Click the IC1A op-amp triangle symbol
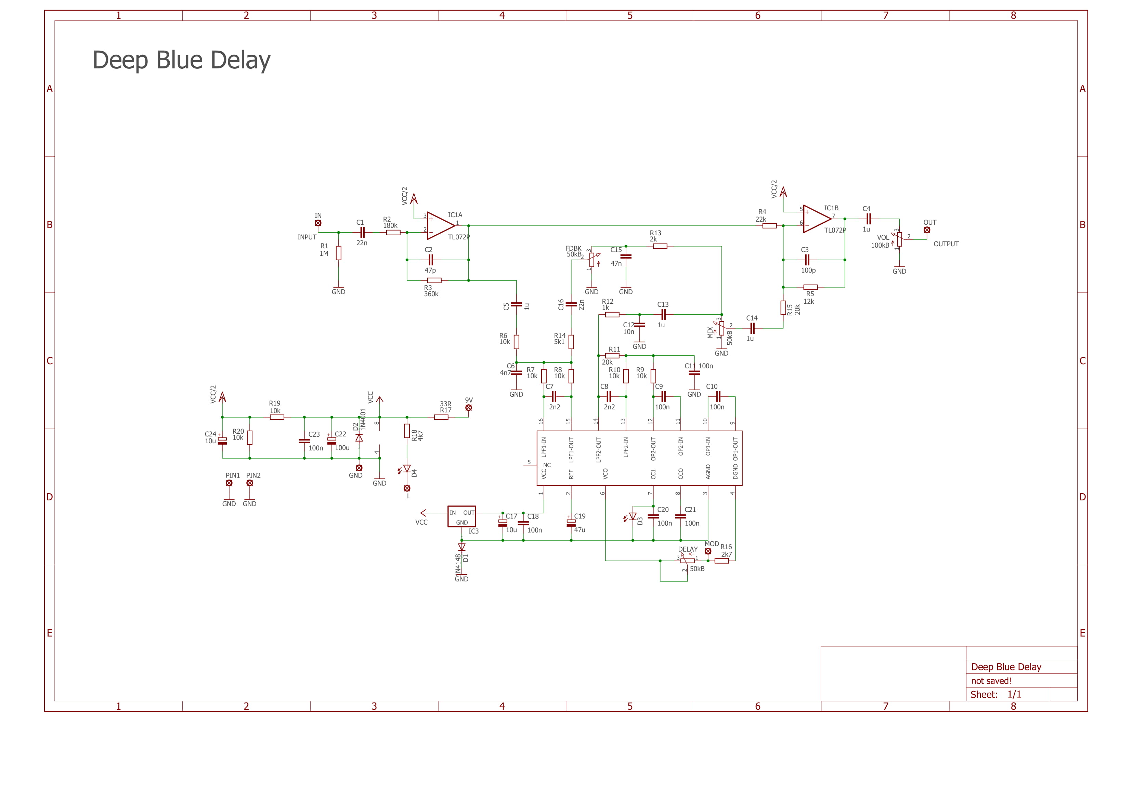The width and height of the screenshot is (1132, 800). (440, 226)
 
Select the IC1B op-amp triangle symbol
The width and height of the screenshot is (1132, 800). (816, 219)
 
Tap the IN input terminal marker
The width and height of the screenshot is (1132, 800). (318, 223)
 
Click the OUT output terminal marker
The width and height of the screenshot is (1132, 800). (927, 230)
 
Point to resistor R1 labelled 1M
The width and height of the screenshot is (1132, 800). (339, 253)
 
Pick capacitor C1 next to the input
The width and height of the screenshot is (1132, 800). (362, 233)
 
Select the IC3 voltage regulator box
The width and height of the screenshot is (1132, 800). (461, 516)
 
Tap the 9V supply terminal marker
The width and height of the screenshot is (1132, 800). (468, 408)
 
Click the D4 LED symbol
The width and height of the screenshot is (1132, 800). (407, 469)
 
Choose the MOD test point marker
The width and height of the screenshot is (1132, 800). (708, 551)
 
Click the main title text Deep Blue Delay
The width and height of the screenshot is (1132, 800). (181, 60)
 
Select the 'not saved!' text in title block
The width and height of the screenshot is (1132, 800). (991, 681)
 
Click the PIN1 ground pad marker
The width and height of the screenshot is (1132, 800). (229, 483)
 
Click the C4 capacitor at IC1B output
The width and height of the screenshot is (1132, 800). (868, 219)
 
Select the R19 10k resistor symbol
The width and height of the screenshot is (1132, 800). (277, 417)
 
